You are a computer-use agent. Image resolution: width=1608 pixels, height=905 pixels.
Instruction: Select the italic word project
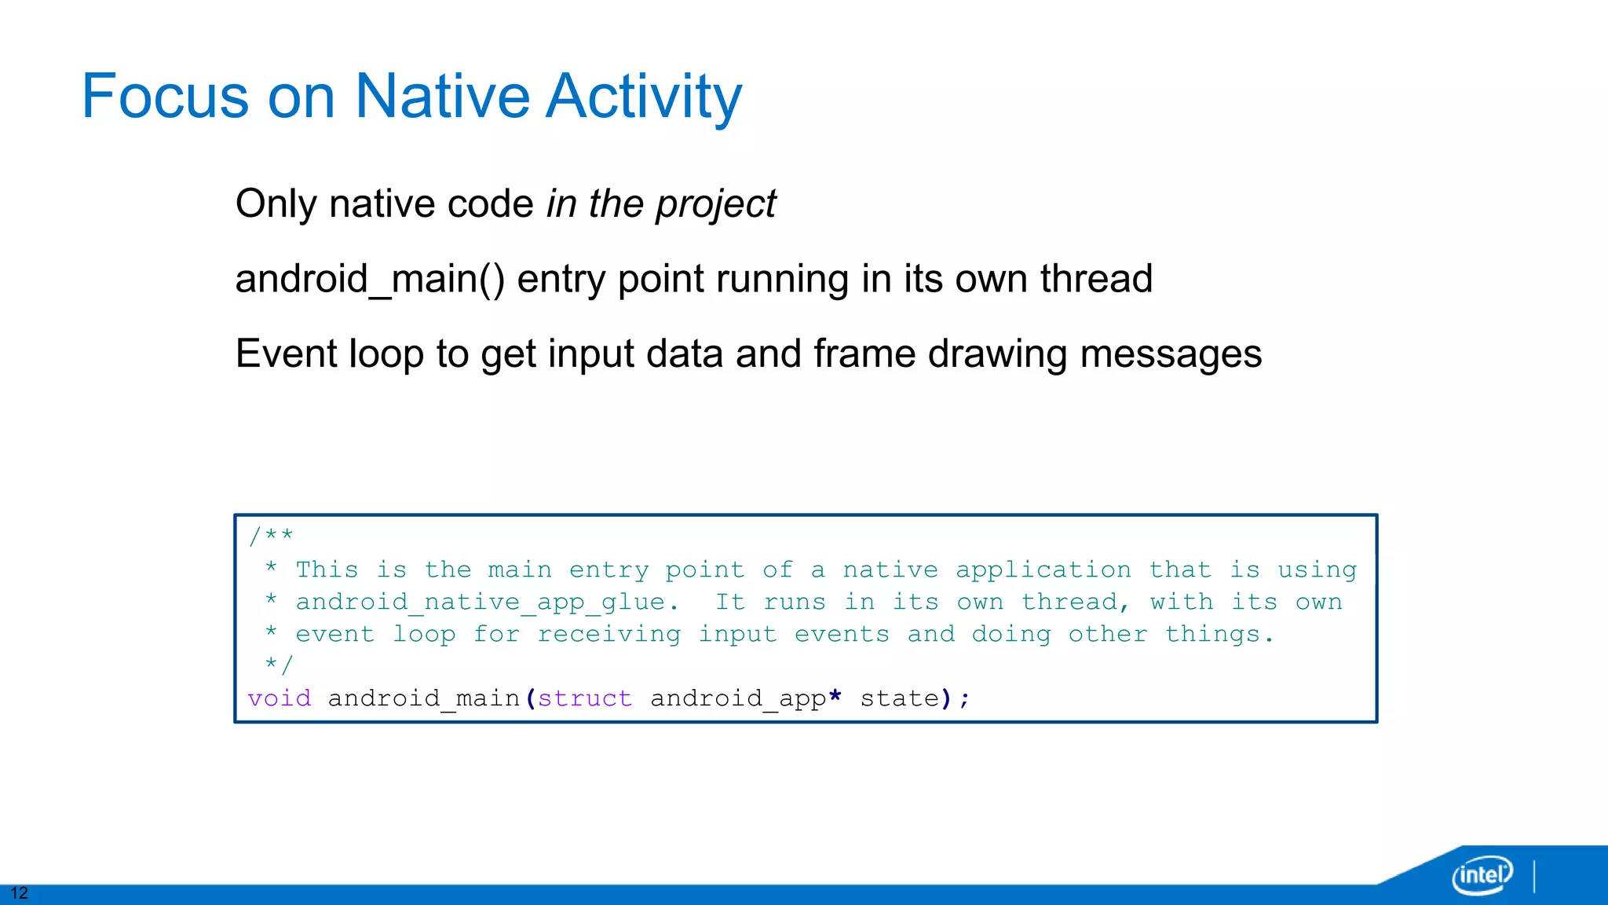(715, 204)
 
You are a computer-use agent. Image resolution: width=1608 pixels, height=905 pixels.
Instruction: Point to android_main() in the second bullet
(370, 280)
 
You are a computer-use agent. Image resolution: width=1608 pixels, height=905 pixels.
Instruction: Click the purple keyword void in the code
(279, 698)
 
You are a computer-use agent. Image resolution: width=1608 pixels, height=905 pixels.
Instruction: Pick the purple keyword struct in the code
(585, 698)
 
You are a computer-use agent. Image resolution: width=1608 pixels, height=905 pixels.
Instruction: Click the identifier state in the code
(900, 698)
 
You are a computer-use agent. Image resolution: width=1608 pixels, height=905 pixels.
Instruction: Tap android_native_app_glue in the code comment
(481, 603)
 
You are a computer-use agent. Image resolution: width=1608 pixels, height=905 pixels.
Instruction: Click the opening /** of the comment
(270, 537)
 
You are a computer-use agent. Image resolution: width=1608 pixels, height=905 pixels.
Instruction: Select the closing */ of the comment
(278, 665)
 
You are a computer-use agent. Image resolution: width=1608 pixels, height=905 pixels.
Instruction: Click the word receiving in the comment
(609, 635)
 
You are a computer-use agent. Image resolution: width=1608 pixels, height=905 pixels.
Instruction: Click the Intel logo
(1482, 874)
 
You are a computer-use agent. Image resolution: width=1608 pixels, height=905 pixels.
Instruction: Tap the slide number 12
(19, 893)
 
